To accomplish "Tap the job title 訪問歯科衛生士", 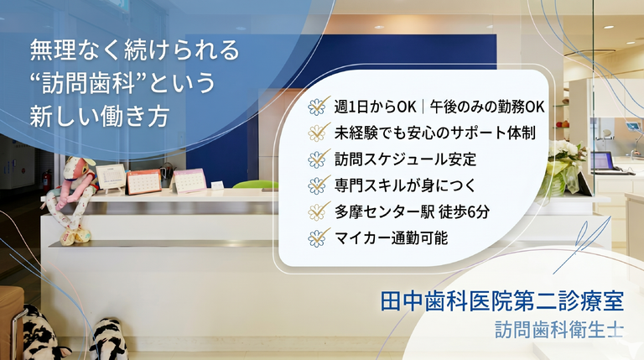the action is click(x=559, y=330).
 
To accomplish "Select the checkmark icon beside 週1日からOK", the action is click(x=319, y=106).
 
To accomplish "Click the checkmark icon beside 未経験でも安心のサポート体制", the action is click(x=319, y=132).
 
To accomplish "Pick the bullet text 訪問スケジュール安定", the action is click(x=405, y=159).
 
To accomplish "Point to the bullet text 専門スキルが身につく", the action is click(x=405, y=185).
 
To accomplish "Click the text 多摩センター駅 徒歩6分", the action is click(x=412, y=211).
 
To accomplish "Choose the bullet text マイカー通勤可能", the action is click(x=391, y=238).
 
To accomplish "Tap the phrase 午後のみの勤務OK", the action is click(x=487, y=107).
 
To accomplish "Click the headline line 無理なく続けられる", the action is click(x=134, y=50).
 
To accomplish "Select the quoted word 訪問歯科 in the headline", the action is click(x=89, y=82).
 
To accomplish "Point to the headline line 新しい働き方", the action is click(x=100, y=116).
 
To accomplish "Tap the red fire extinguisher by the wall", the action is click(x=47, y=180).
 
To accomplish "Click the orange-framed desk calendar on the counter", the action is click(x=143, y=181).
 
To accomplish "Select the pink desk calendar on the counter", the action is click(x=189, y=180).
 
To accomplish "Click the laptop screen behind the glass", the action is click(x=602, y=160).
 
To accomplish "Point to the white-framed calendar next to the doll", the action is click(x=110, y=178).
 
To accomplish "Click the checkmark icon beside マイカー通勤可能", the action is click(x=319, y=237).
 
